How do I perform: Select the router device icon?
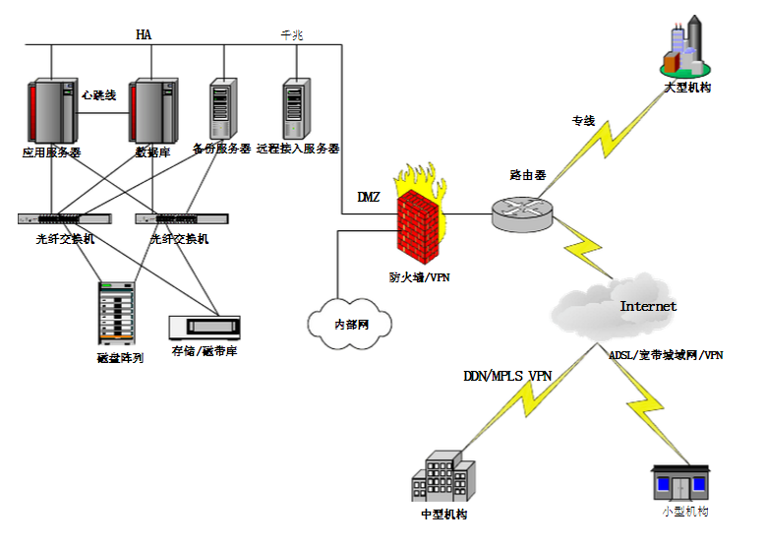pyautogui.click(x=522, y=211)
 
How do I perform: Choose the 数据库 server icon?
pyautogui.click(x=153, y=112)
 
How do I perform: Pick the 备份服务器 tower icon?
pyautogui.click(x=222, y=108)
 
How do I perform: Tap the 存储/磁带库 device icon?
pyautogui.click(x=205, y=328)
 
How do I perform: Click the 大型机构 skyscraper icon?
pyautogui.click(x=685, y=46)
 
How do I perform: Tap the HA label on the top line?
pyautogui.click(x=145, y=35)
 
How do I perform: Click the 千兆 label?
pyautogui.click(x=291, y=35)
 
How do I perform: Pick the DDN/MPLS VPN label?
pyautogui.click(x=505, y=375)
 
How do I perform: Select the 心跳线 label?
pyautogui.click(x=99, y=95)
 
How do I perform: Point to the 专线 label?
pyautogui.click(x=583, y=121)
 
